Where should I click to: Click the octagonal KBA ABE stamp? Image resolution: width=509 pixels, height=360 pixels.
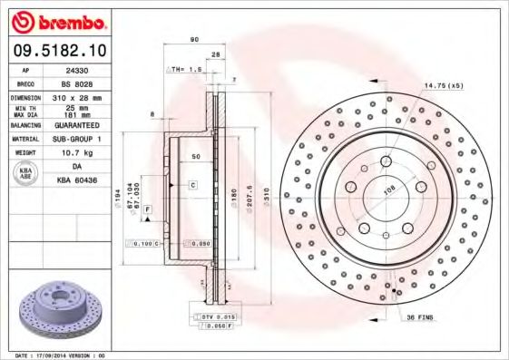pos(26,174)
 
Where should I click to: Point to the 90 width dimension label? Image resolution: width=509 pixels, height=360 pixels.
pos(193,40)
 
